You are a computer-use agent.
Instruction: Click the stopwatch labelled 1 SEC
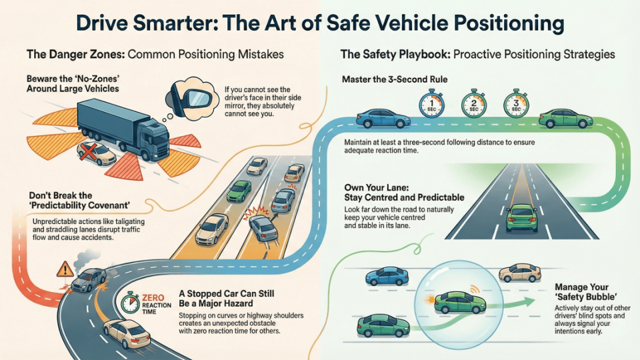[x=428, y=103]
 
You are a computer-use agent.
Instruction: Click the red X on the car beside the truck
[x=89, y=153]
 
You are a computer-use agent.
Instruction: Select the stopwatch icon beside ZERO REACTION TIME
[x=131, y=303]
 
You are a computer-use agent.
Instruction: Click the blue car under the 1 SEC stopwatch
[x=383, y=119]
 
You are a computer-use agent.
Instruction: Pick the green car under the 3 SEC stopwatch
[x=565, y=119]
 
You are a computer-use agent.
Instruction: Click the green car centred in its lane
[x=521, y=217]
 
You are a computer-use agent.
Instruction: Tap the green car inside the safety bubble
[x=460, y=303]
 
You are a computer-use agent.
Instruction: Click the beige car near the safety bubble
[x=520, y=272]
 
